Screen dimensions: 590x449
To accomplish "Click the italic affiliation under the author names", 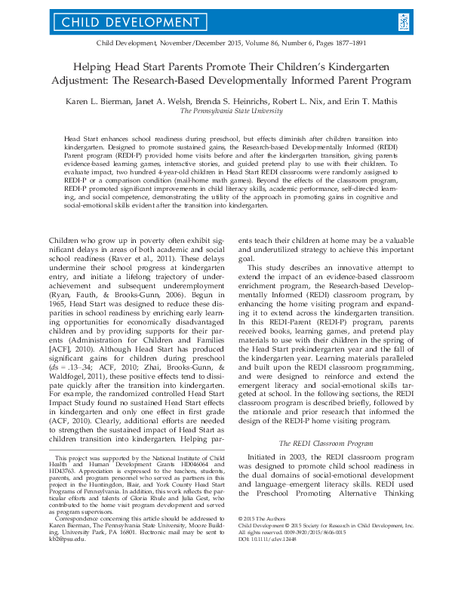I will pos(224,109).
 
